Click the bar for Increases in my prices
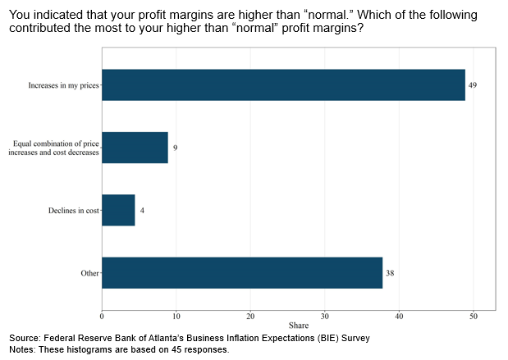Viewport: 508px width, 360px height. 283,84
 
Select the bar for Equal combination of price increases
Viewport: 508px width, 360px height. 135,148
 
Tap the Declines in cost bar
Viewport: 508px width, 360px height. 118,210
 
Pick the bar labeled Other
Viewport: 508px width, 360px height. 242,272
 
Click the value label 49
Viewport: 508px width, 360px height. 473,85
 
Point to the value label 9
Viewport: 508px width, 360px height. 175,148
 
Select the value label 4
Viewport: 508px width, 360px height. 142,211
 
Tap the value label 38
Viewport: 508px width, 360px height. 390,273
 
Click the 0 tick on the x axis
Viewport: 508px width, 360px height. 102,316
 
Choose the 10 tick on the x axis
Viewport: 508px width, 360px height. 176,316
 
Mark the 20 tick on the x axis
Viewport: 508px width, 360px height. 250,316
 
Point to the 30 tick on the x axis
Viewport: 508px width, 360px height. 325,316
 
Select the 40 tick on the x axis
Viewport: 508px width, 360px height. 399,316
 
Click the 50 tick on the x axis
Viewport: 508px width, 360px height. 474,316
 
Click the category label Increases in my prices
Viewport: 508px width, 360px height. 62,85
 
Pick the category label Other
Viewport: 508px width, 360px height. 89,273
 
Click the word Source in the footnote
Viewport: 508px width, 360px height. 26,338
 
